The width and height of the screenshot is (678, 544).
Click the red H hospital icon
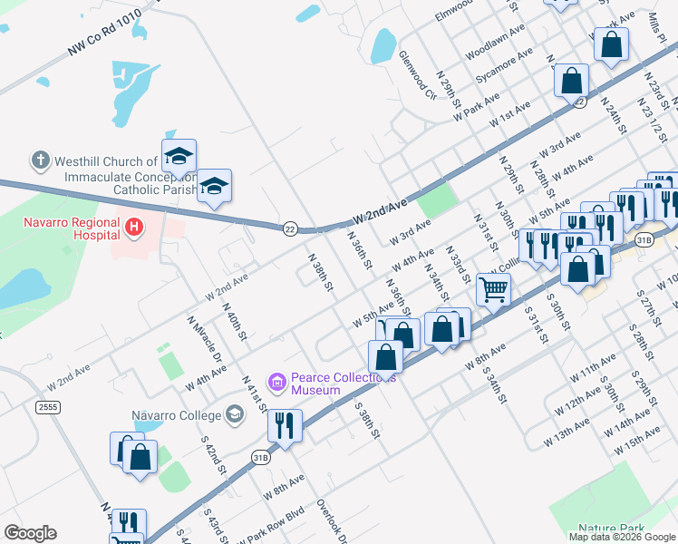pos(134,226)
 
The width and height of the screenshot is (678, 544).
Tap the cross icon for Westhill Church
pos(40,161)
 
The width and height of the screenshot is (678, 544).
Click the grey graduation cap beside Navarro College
pos(236,415)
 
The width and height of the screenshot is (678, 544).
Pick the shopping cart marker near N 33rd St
pos(493,289)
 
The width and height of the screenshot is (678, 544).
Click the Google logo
pos(31,532)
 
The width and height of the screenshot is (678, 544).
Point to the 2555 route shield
pos(48,408)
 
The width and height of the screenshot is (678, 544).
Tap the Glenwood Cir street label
pos(418,71)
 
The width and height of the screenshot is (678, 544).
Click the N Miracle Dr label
pos(205,337)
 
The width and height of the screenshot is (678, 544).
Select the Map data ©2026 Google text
pos(621,536)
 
